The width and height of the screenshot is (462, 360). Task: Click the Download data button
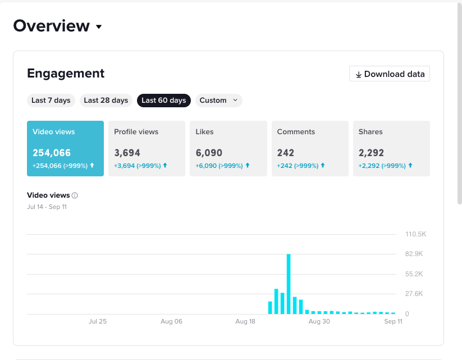[x=389, y=74]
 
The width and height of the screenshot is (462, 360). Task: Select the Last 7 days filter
[x=51, y=101]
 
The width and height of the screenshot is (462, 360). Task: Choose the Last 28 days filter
[x=106, y=101]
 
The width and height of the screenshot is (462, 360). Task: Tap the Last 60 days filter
[x=164, y=101]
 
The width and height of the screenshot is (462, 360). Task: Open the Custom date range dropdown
[x=218, y=101]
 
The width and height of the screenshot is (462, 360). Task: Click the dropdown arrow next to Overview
[x=99, y=27]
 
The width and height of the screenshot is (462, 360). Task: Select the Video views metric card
[x=66, y=149]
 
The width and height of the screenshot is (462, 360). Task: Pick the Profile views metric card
[x=147, y=149]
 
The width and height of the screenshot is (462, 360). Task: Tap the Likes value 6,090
[x=209, y=153]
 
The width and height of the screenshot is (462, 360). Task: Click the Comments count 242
[x=286, y=153]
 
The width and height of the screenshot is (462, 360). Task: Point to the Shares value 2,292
[x=371, y=153]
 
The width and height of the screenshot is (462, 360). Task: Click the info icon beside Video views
[x=75, y=195]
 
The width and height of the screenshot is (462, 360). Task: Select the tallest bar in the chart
[x=289, y=284]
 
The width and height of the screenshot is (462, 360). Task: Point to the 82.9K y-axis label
[x=414, y=254]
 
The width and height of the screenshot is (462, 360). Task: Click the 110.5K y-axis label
[x=416, y=234]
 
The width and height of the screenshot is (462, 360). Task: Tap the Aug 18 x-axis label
[x=245, y=321]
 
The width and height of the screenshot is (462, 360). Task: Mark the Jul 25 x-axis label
[x=98, y=321]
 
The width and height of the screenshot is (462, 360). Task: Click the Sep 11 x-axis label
[x=393, y=321]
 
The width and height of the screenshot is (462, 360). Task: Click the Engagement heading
[x=66, y=74]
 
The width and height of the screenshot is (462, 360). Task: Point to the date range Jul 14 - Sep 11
[x=47, y=207]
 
